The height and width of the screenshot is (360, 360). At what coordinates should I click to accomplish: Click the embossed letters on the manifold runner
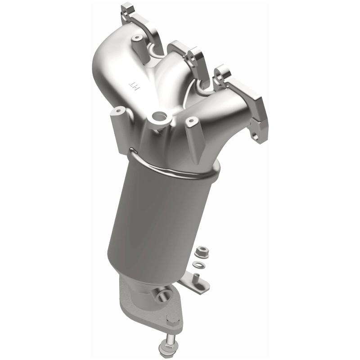point(134,83)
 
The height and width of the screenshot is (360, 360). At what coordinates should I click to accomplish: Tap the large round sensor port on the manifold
point(158,118)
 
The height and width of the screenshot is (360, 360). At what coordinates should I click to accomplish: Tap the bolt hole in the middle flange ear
point(193,57)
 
